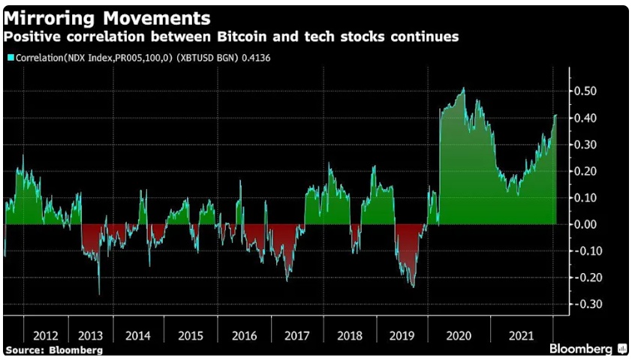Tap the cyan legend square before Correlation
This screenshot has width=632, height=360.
tap(10, 57)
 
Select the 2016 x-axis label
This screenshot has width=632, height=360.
tap(245, 335)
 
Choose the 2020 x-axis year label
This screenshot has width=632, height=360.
tap(458, 335)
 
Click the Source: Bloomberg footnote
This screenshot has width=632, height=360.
tap(54, 349)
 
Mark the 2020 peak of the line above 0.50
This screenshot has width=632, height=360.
tap(463, 88)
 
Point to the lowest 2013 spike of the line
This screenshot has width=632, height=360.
tap(99, 294)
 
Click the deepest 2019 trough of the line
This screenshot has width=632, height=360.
tap(412, 286)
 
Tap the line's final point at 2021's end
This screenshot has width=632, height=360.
tap(555, 115)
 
